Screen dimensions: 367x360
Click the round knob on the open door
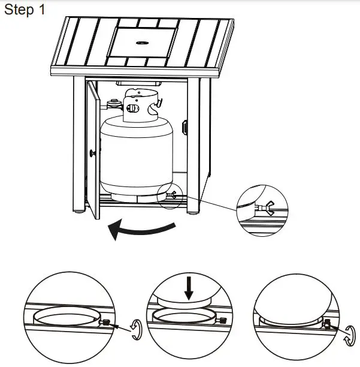tap(92, 154)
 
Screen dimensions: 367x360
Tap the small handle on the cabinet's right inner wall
tap(185, 128)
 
